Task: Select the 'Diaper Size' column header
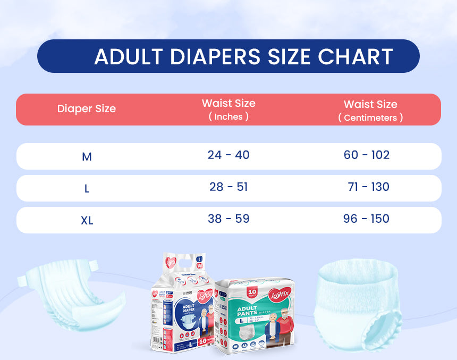coord(87,109)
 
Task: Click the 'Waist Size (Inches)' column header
coord(228,110)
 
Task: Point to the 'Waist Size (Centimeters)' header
coord(370,110)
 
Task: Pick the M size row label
coord(87,157)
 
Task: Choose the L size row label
coord(87,189)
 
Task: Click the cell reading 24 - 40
coord(228,155)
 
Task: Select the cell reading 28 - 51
coord(228,187)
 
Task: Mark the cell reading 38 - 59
coord(228,219)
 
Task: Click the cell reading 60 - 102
coord(367,155)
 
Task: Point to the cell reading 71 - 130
coord(368,187)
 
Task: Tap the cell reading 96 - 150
coord(367,219)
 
